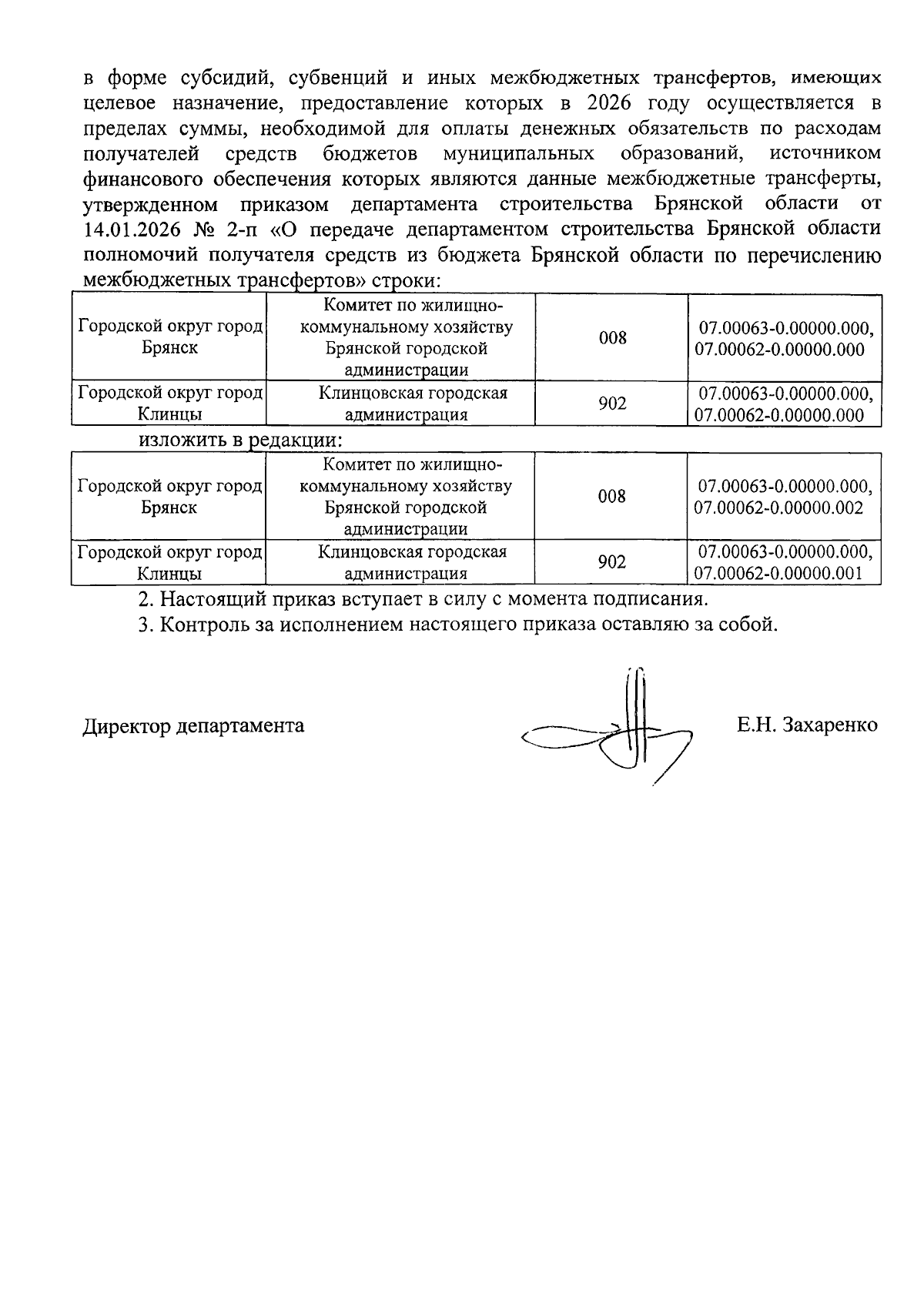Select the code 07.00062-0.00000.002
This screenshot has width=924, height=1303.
pyautogui.click(x=778, y=508)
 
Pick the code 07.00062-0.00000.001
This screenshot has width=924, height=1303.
pyautogui.click(x=778, y=574)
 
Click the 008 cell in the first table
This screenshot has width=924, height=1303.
pyautogui.click(x=612, y=337)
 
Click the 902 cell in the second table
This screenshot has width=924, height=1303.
pyautogui.click(x=612, y=563)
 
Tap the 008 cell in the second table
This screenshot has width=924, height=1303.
pyautogui.click(x=612, y=497)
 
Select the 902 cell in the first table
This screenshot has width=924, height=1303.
pyautogui.click(x=612, y=404)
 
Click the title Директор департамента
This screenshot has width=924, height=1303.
pyautogui.click(x=193, y=725)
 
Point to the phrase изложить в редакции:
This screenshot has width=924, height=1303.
pyautogui.click(x=239, y=441)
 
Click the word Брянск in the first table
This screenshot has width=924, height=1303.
pyautogui.click(x=169, y=348)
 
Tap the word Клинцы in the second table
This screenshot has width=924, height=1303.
pyautogui.click(x=169, y=574)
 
